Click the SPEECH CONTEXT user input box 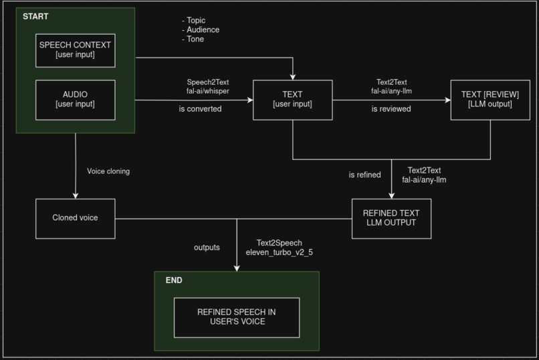[75, 50]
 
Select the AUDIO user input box [75, 100]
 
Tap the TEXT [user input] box [292, 100]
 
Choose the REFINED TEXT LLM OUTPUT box [391, 218]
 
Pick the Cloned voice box [75, 218]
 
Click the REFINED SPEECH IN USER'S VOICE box [237, 317]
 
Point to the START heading [35, 16]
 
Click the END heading [174, 280]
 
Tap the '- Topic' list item [193, 20]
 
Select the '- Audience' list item [200, 29]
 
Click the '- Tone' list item [193, 39]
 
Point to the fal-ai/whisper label [208, 90]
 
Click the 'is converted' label [200, 108]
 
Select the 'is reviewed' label [391, 108]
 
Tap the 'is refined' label [364, 175]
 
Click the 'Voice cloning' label [108, 171]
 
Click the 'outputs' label [207, 248]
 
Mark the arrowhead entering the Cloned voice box [76, 195]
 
